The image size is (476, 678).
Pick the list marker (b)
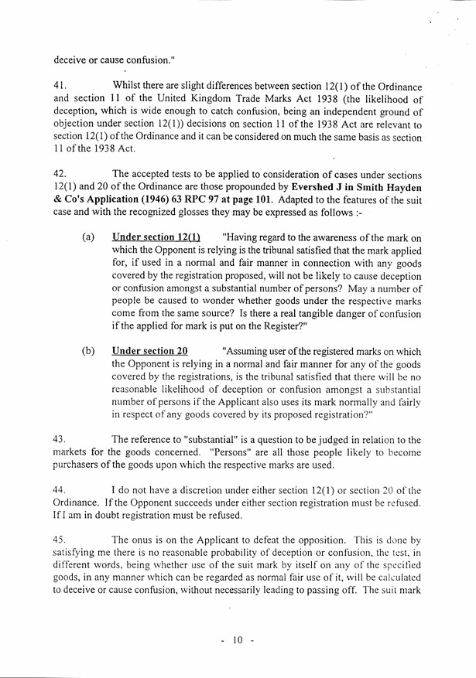pos(88,350)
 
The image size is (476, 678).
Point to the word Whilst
pos(129,85)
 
